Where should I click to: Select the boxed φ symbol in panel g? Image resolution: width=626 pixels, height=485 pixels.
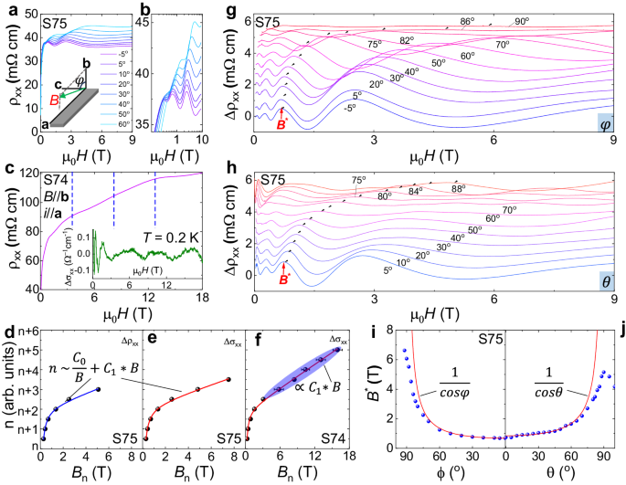click(605, 122)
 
